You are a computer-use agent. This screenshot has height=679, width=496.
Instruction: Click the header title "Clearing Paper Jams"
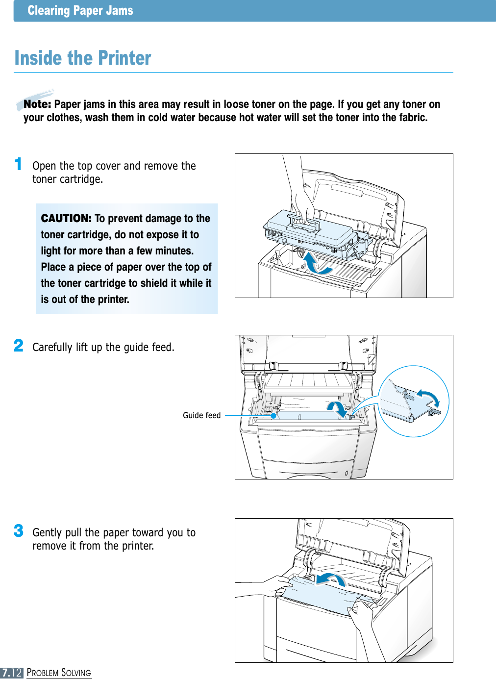tap(80, 10)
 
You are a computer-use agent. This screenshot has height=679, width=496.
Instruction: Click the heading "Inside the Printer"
tap(83, 58)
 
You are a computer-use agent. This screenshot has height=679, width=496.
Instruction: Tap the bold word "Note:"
tap(37, 104)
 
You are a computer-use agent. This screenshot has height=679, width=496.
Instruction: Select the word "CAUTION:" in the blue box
tap(66, 218)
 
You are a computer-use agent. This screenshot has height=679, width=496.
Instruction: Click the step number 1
tap(18, 164)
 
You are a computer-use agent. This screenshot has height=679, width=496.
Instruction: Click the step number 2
tap(19, 346)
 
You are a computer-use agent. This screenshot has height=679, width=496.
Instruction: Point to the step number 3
tap(19, 530)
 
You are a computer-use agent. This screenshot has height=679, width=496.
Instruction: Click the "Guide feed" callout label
tap(201, 415)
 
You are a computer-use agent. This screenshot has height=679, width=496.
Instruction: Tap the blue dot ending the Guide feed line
tap(273, 416)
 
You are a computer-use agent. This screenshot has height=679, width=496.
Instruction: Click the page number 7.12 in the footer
tap(12, 673)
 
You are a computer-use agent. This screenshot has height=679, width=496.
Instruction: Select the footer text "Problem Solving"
tap(59, 673)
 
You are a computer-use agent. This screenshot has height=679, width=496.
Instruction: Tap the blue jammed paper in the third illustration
tap(323, 596)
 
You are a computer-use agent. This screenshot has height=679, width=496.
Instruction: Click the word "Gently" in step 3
tap(47, 532)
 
